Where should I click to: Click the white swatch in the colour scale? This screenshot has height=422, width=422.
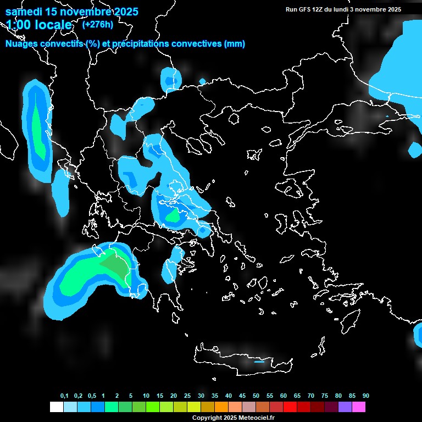pyautogui.click(x=57, y=407)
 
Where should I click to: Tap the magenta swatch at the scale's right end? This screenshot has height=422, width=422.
pyautogui.click(x=359, y=407)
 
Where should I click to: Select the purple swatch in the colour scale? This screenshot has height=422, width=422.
pyautogui.click(x=345, y=407)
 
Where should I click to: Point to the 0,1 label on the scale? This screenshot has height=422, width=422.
pyautogui.click(x=64, y=396)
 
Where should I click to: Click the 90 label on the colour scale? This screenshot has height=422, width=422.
pyautogui.click(x=366, y=396)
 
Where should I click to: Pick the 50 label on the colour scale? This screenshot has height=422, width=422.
pyautogui.click(x=256, y=396)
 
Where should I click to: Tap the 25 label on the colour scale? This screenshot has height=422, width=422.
pyautogui.click(x=187, y=396)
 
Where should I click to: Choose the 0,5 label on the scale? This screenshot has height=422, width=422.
pyautogui.click(x=92, y=396)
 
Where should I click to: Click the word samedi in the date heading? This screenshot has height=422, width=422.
pyautogui.click(x=24, y=12)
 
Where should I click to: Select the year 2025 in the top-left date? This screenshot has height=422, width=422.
pyautogui.click(x=124, y=12)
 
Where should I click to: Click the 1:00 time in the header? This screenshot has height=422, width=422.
pyautogui.click(x=19, y=25)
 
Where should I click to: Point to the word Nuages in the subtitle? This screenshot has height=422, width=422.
pyautogui.click(x=21, y=44)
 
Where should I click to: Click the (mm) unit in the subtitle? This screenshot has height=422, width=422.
pyautogui.click(x=234, y=44)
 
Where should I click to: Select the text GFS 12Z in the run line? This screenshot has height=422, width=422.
pyautogui.click(x=311, y=9)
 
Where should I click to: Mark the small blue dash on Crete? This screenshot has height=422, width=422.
pyautogui.click(x=259, y=362)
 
